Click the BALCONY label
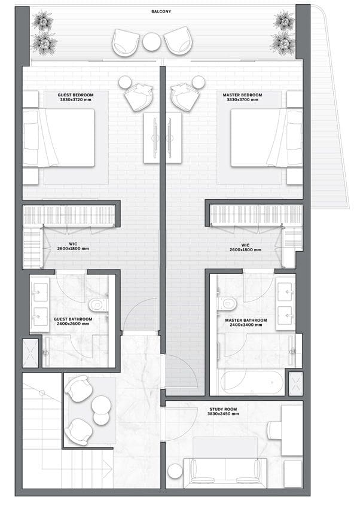(x=161, y=11)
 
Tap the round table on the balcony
(x=152, y=42)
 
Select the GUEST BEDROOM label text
(x=75, y=95)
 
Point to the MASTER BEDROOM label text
(x=242, y=95)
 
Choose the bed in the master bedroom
(x=267, y=138)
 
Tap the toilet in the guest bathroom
(x=98, y=304)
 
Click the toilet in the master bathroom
(x=227, y=303)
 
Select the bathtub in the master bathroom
(x=252, y=382)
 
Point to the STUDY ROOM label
(x=223, y=409)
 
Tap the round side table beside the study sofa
(x=175, y=471)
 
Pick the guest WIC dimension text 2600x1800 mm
(x=73, y=249)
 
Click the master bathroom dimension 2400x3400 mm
(x=246, y=325)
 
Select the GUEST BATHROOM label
(x=73, y=319)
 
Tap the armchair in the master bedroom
(x=185, y=97)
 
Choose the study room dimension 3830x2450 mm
(x=223, y=414)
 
